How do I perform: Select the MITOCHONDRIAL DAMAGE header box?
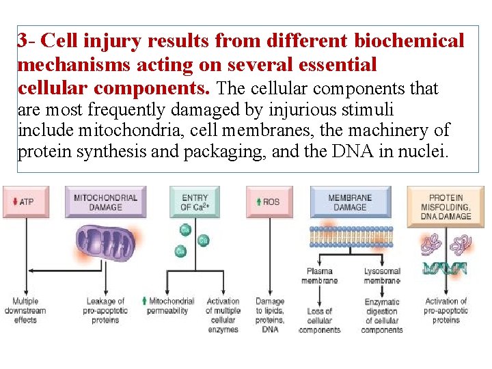coord(105,202)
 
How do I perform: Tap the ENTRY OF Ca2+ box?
coord(195,202)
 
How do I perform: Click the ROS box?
coord(269,202)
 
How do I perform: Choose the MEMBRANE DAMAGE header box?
coord(351,202)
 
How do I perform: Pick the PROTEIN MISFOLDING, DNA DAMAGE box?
coord(446,206)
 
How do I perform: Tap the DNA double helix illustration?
coord(445,269)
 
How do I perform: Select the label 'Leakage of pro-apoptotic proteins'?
coord(105,310)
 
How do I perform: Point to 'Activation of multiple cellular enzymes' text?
coord(223,315)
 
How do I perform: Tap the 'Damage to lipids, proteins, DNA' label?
coord(270,315)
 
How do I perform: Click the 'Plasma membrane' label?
coord(319,275)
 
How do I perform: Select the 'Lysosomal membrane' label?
coord(382,275)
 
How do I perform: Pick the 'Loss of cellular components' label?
coord(319,320)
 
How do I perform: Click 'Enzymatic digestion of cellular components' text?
coord(382,316)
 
